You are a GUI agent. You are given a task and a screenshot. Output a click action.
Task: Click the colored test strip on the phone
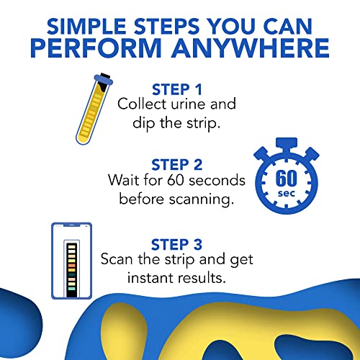click(71, 264)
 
